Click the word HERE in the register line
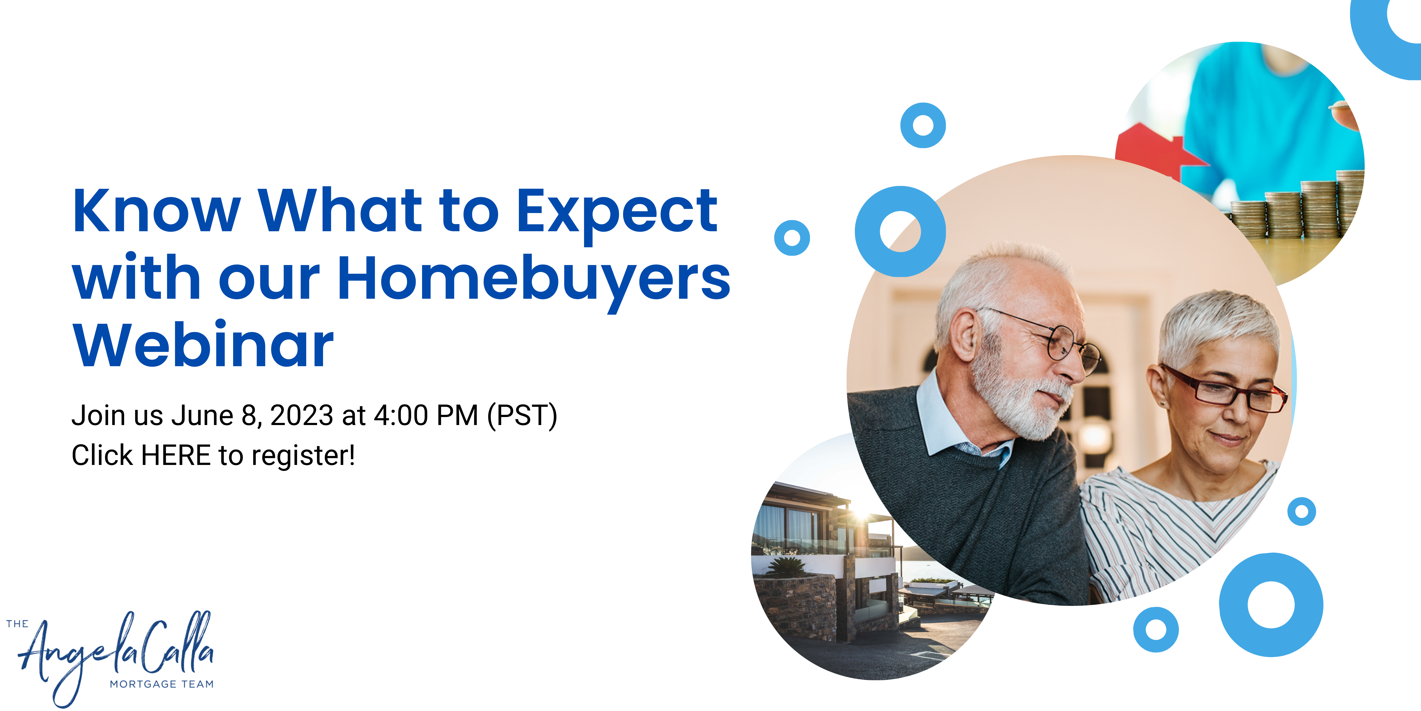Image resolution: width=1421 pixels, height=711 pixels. point(176,455)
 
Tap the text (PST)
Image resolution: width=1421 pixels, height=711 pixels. point(522,416)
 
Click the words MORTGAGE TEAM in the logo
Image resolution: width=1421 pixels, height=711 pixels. point(162,684)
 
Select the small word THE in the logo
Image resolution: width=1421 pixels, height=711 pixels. point(17,624)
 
